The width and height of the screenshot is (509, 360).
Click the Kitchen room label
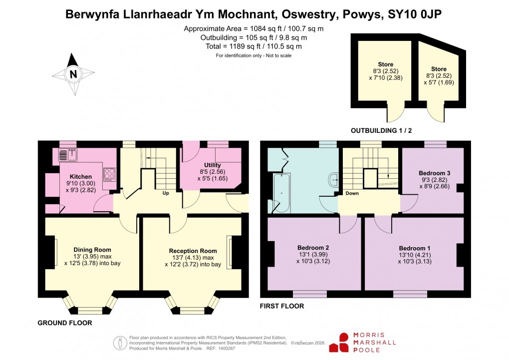[80, 177]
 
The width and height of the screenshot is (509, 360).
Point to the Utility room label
[212, 165]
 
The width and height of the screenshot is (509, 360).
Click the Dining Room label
[92, 250]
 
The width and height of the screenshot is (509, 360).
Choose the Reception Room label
[193, 251]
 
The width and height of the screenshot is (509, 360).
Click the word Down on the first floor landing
[352, 193]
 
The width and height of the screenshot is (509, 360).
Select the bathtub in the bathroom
[280, 190]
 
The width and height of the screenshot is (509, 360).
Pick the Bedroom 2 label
[313, 248]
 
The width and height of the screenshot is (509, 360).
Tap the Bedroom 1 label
[414, 248]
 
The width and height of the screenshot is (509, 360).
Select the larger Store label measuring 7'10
[385, 64]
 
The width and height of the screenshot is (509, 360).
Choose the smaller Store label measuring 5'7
[439, 69]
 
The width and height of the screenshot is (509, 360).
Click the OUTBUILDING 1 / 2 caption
[385, 131]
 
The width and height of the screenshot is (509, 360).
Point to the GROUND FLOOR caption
[65, 323]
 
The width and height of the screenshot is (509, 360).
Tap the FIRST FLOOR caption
[282, 306]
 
